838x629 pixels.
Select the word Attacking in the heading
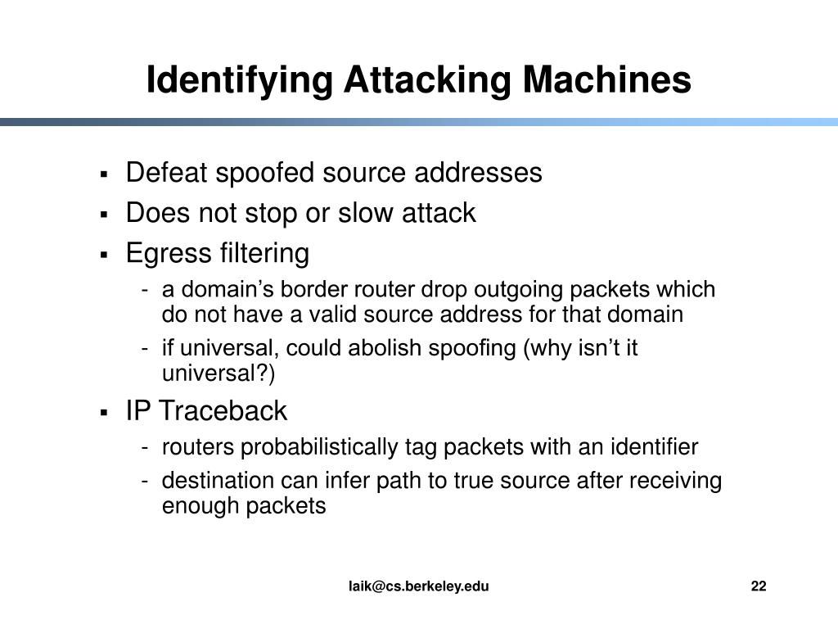pyautogui.click(x=428, y=80)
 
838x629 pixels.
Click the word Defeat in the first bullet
pyautogui.click(x=163, y=173)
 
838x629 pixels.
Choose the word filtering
pyautogui.click(x=264, y=254)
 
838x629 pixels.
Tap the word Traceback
pyautogui.click(x=223, y=410)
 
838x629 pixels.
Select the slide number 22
pyautogui.click(x=758, y=586)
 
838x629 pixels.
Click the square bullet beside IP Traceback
pyautogui.click(x=105, y=412)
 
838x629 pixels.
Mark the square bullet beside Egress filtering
pyautogui.click(x=105, y=256)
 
